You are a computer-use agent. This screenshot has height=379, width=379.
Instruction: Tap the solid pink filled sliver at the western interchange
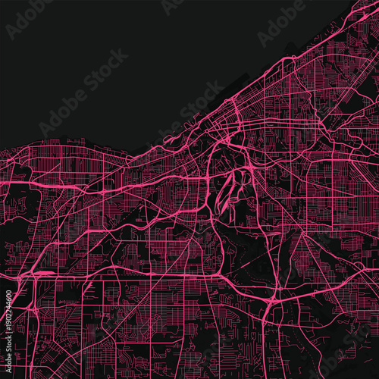[x=44, y=273]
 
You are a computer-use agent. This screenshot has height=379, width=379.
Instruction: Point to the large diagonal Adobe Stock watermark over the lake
[x=83, y=95]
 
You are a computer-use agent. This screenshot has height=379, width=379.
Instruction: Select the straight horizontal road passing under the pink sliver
[x=114, y=276]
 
